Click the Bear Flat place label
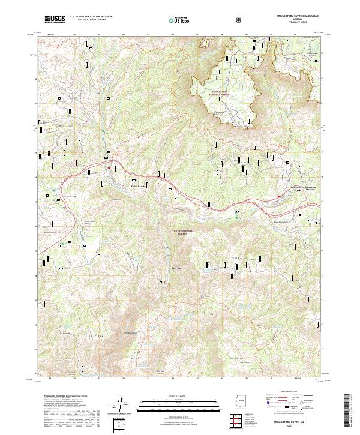point(176,268)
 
